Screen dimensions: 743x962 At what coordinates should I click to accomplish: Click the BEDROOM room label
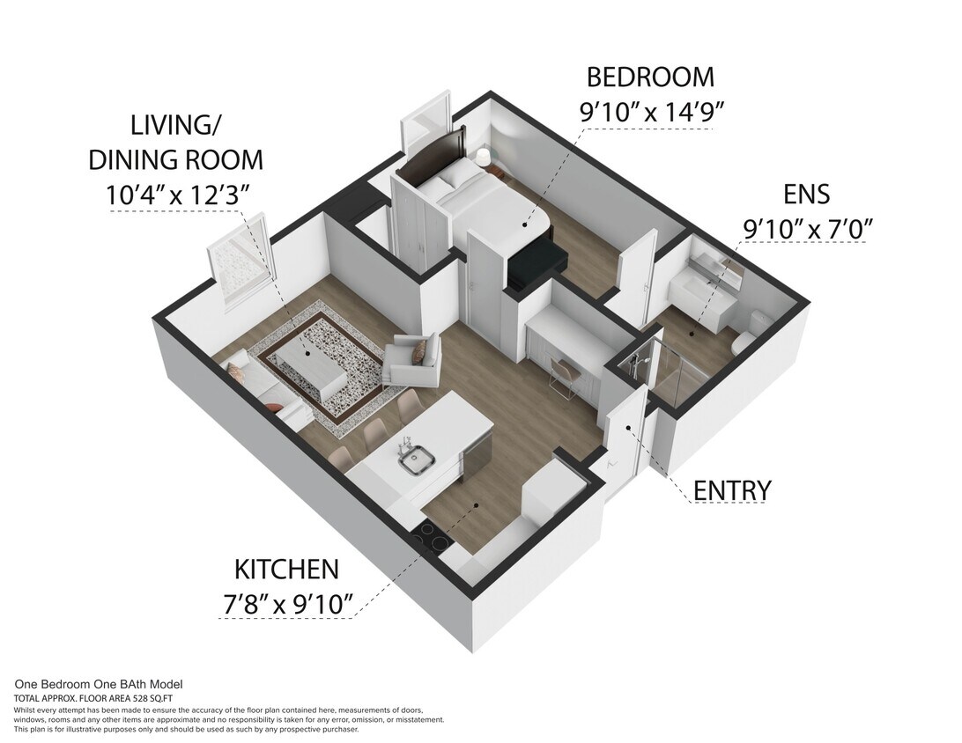[650, 77]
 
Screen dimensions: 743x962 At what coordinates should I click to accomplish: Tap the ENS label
[807, 194]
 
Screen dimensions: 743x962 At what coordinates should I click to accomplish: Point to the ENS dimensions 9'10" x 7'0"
[807, 228]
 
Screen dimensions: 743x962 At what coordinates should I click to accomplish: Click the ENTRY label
[732, 490]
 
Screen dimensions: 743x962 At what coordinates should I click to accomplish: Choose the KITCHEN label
[285, 570]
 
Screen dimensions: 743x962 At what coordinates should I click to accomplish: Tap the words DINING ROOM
[175, 159]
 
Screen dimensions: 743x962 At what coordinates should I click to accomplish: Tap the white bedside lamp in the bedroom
[483, 158]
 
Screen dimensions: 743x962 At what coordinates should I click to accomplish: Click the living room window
[240, 266]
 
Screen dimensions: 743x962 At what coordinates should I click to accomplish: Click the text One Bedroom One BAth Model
[99, 684]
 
